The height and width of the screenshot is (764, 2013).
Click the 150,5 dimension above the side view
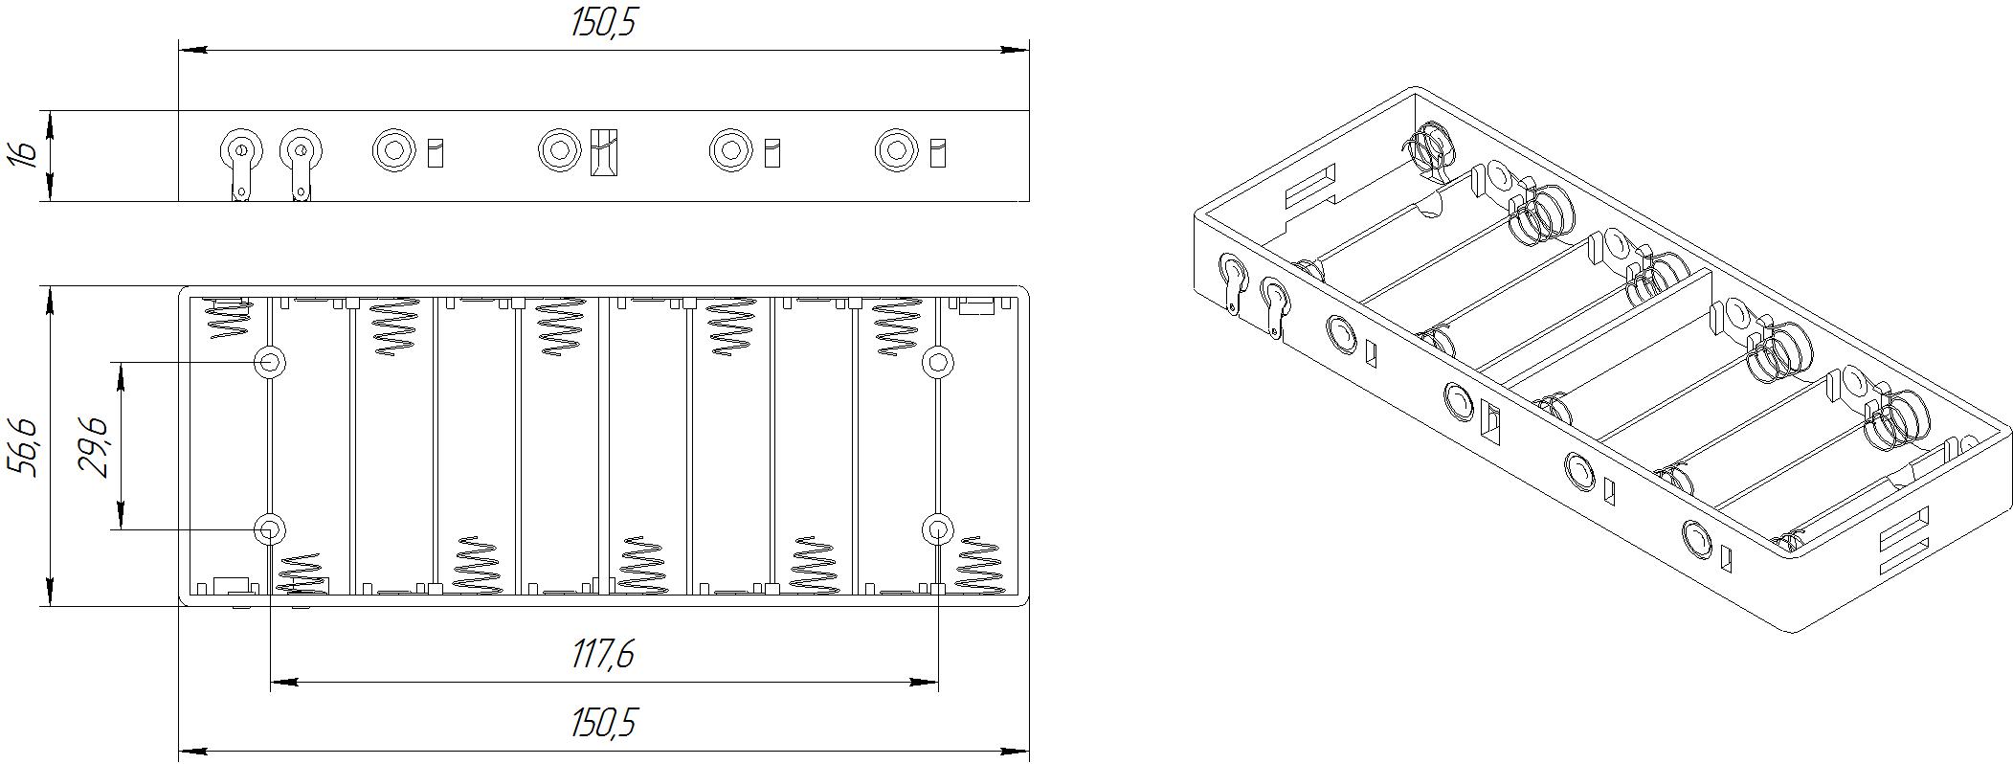point(603,23)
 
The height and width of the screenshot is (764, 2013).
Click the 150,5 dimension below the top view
point(603,724)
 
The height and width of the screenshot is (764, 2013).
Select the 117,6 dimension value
point(603,655)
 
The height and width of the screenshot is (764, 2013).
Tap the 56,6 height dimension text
point(23,446)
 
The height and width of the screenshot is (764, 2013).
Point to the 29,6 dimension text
point(94,446)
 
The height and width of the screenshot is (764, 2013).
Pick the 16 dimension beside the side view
point(25,153)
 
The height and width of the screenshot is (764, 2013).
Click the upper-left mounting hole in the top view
point(269,362)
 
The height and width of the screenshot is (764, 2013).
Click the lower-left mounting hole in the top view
point(269,529)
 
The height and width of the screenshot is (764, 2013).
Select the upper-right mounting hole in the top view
point(938,362)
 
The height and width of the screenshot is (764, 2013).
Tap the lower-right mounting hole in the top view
point(938,529)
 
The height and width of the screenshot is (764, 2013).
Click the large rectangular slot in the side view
point(604,151)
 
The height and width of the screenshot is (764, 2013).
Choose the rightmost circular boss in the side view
point(896,150)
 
